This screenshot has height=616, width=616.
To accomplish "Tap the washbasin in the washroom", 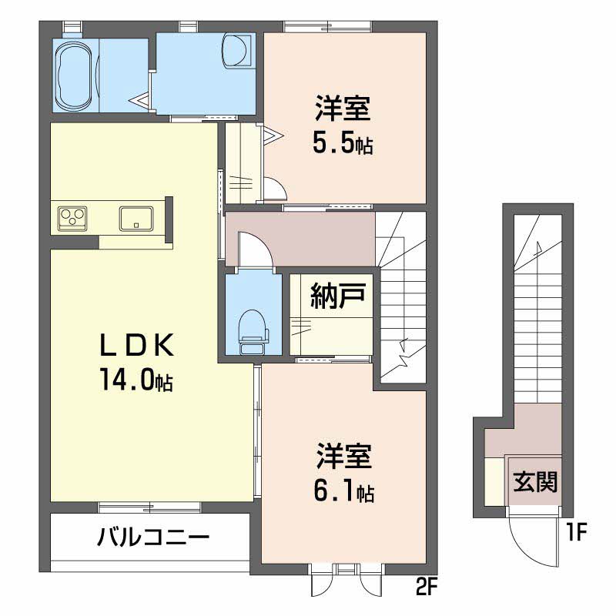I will tap(235, 52).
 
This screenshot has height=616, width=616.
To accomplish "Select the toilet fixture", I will tap(252, 331).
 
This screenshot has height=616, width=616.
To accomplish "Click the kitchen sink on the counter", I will tap(136, 218).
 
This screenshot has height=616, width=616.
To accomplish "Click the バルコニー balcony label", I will tap(153, 537).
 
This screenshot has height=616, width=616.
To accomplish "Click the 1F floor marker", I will tap(577, 531).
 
